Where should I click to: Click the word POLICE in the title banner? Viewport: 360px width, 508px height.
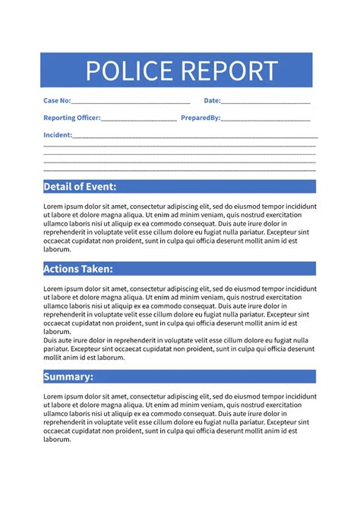coord(131,71)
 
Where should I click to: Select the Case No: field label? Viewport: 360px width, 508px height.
coord(57,101)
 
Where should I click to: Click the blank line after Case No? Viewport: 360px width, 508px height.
coord(131,103)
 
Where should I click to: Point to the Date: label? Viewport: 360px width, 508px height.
coord(212,101)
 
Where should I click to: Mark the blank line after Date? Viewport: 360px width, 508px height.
coord(266,103)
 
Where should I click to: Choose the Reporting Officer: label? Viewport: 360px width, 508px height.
coord(71,118)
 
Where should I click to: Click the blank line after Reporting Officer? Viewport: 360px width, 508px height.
coord(139,120)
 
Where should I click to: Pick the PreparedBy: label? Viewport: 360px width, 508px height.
coord(201,118)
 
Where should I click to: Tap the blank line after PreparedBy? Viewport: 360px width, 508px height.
coord(266,120)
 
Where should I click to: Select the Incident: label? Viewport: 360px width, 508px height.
coord(58,135)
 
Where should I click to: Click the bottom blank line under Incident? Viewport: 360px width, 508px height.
coord(179,170)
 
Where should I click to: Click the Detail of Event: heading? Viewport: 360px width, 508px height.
coord(80,187)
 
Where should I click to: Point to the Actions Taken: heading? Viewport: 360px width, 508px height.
coord(78,269)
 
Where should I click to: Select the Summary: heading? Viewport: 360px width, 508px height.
coord(68,377)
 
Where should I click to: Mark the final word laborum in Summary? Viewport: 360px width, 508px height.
coord(57,440)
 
